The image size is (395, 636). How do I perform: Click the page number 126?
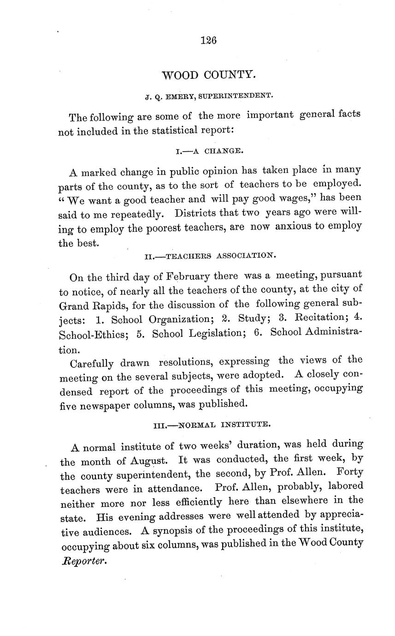[209, 40]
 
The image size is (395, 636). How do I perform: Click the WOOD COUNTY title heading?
[209, 75]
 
